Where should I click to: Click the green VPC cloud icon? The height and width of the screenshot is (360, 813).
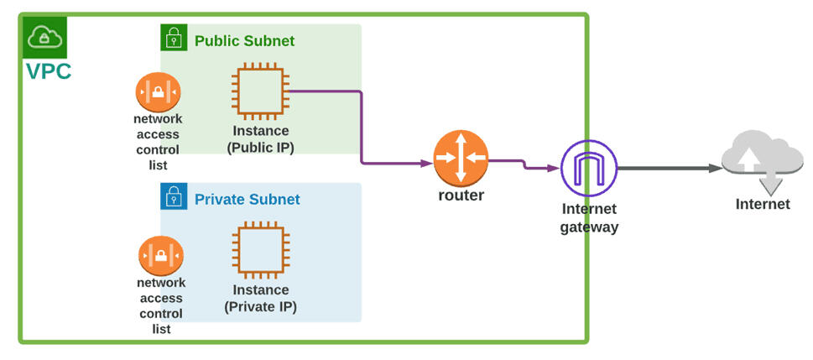[x=44, y=37]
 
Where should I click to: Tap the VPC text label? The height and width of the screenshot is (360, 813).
[x=49, y=71]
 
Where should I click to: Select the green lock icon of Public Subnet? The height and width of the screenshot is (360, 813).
[x=174, y=38]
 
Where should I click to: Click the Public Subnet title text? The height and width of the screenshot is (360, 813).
[x=244, y=40]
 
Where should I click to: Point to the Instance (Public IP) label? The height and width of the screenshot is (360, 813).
[x=260, y=139]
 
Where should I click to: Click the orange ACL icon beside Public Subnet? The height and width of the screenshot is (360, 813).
[x=158, y=91]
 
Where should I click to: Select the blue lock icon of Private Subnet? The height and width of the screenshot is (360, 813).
[x=174, y=196]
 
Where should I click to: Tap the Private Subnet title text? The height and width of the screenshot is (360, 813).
[x=247, y=200]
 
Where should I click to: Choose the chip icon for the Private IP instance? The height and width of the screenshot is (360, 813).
[x=260, y=251]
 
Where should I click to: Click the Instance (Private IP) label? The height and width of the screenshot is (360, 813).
[x=260, y=298]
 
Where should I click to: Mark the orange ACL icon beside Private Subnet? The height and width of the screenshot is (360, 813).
[x=160, y=255]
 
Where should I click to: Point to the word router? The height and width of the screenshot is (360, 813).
[x=461, y=196]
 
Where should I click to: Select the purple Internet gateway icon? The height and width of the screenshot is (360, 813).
[x=588, y=168]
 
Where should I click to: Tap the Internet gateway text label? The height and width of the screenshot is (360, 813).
[x=589, y=217]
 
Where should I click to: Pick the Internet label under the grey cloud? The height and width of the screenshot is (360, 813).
[x=763, y=204]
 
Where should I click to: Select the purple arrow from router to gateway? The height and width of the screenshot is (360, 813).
[x=524, y=164]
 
